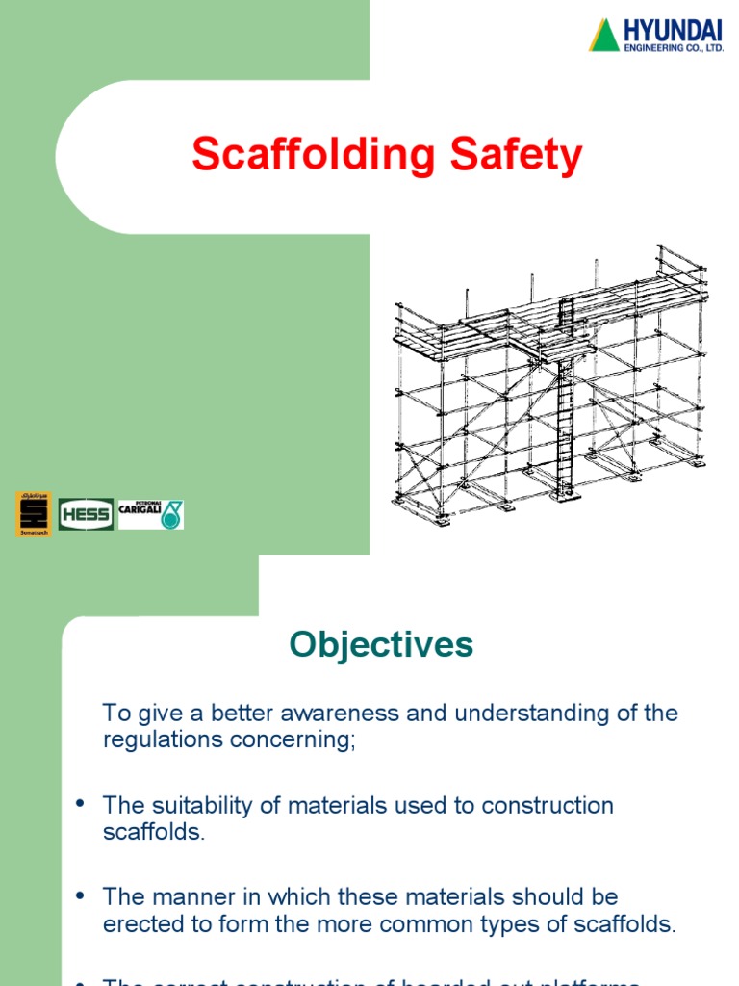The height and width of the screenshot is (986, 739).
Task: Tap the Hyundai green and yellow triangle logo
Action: (604, 35)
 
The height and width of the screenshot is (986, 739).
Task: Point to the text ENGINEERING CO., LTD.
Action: (674, 47)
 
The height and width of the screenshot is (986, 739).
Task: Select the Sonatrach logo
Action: (33, 513)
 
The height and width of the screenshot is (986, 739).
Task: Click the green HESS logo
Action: (86, 514)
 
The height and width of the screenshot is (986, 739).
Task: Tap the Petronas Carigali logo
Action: (150, 514)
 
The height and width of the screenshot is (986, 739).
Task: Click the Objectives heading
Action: (382, 644)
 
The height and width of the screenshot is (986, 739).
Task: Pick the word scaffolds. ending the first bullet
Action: (154, 832)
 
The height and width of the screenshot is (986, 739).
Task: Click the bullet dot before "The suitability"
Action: (80, 805)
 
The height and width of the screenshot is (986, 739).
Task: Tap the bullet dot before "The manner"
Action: (80, 896)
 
